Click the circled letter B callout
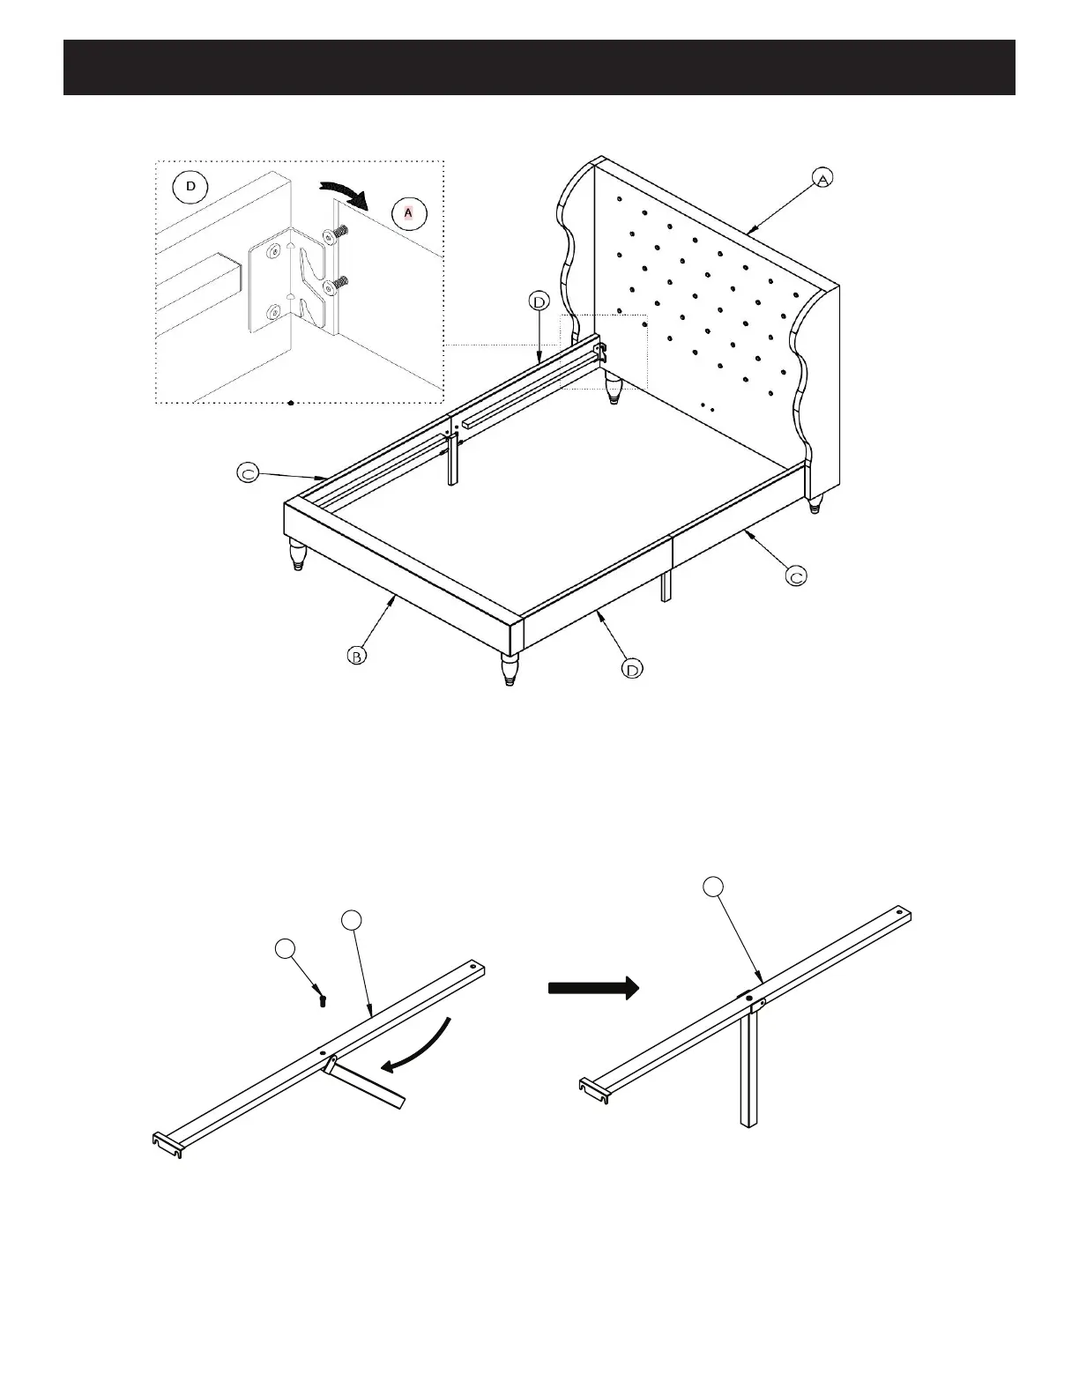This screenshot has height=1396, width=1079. pyautogui.click(x=355, y=656)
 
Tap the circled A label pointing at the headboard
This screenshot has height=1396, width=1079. pyautogui.click(x=822, y=178)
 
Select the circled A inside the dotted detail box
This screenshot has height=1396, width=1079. pyautogui.click(x=408, y=213)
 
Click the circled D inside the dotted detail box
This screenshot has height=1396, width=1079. pyautogui.click(x=190, y=187)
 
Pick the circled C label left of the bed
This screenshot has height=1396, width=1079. pyautogui.click(x=249, y=473)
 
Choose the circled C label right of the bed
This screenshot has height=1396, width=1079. pyautogui.click(x=796, y=577)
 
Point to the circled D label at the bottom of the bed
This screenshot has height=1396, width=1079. pyautogui.click(x=632, y=670)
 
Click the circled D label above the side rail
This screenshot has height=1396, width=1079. pyautogui.click(x=539, y=302)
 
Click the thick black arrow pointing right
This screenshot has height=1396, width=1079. pyautogui.click(x=592, y=987)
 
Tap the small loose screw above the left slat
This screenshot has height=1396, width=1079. pyautogui.click(x=323, y=1001)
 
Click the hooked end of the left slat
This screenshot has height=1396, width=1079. pyautogui.click(x=166, y=1144)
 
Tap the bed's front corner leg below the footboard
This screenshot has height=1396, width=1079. pyautogui.click(x=510, y=667)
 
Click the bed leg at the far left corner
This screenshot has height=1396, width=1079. pyautogui.click(x=297, y=555)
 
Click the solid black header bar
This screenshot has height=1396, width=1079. pyautogui.click(x=539, y=67)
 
